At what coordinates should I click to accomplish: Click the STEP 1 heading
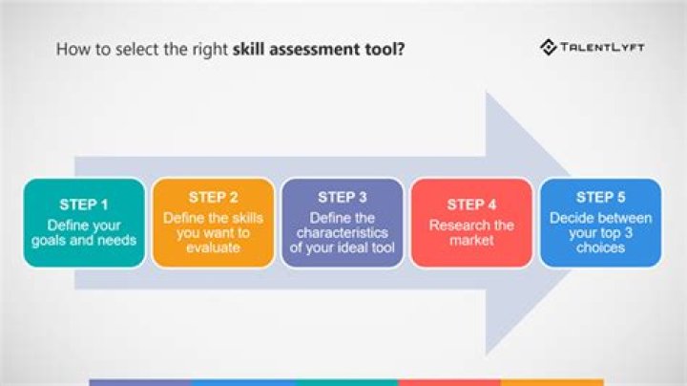84,204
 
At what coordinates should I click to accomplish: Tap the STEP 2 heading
214,197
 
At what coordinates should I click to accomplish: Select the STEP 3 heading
343,197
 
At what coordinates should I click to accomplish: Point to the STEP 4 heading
471,204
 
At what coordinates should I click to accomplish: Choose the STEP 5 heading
601,197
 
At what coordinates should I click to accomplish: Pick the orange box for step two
214,261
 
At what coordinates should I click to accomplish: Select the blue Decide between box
601,261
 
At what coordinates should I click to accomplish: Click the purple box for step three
343,261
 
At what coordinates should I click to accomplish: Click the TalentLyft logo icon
549,47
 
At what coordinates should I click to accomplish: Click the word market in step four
471,241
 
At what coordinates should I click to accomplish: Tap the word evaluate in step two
214,247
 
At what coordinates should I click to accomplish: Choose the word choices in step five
601,247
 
